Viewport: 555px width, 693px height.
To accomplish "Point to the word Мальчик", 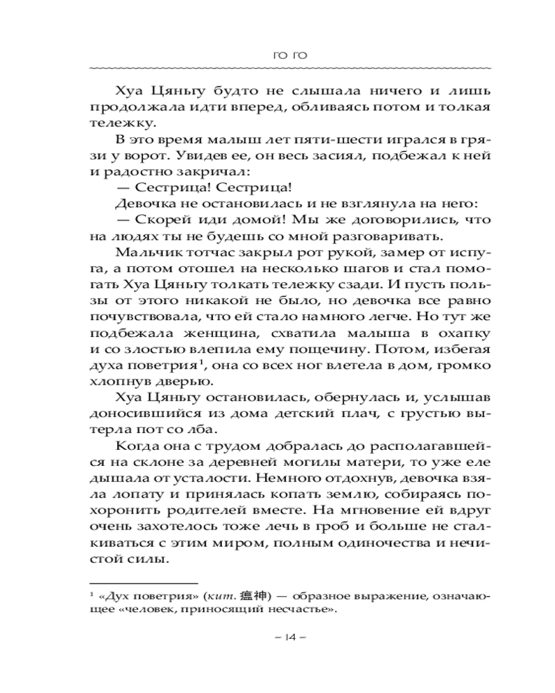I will click(x=142, y=253).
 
